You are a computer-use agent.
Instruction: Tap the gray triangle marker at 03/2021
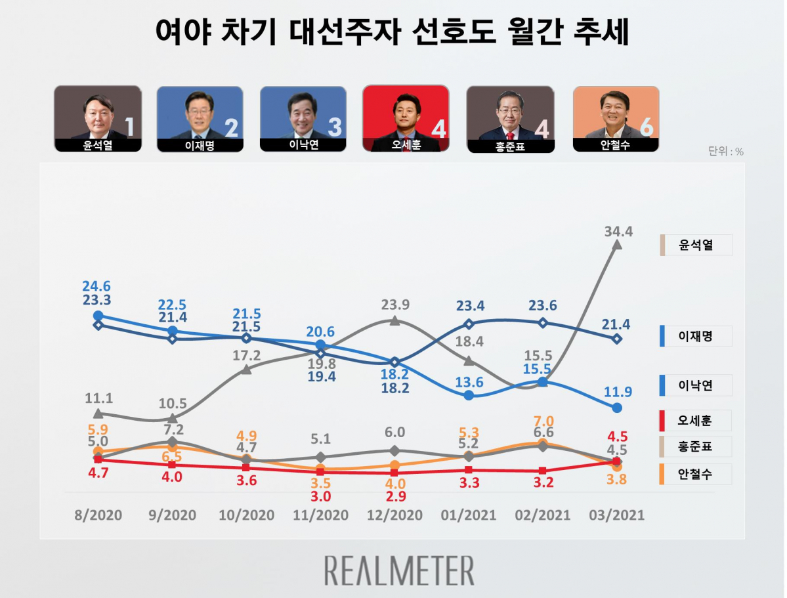[617, 244]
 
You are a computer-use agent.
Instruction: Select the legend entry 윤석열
[695, 246]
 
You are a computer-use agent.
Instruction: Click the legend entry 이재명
[695, 337]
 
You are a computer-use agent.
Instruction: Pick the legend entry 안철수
[695, 474]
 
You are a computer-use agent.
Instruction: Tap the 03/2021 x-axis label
[616, 515]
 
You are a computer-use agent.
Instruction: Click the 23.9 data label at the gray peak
[394, 305]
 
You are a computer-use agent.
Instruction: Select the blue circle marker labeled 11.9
[617, 408]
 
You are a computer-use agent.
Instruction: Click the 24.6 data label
[97, 286]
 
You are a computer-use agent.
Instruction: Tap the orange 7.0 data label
[544, 421]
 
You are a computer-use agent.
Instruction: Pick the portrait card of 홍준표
[510, 119]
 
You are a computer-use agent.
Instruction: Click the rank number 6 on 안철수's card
[645, 128]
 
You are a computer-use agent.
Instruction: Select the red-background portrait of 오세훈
[405, 118]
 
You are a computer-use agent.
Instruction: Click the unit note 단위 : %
[725, 152]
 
